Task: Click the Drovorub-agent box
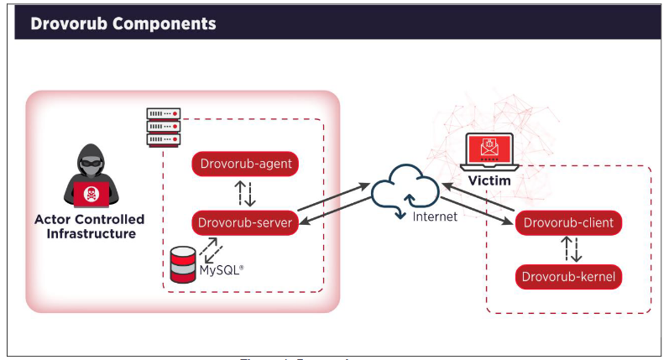(x=245, y=164)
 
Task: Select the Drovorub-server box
(x=245, y=222)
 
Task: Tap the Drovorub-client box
(x=569, y=222)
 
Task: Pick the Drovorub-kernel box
(x=569, y=275)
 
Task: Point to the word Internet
(x=435, y=217)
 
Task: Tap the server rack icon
(x=163, y=126)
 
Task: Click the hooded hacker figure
(x=89, y=175)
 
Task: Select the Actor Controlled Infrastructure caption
(x=89, y=227)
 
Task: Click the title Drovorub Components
(x=123, y=23)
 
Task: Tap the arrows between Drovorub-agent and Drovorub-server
(x=245, y=193)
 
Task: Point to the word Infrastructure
(x=89, y=234)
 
